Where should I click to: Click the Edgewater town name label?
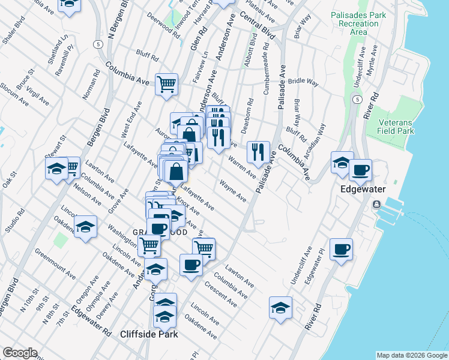coord(365,188)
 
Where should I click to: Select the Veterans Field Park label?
coord(396,126)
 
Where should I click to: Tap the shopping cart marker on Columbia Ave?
coord(166,84)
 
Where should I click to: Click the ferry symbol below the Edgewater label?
coord(376,205)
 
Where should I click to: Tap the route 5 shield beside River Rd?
coord(357,99)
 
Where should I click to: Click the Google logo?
coord(20,353)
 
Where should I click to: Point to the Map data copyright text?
coord(411,355)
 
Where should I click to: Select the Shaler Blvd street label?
coord(13,31)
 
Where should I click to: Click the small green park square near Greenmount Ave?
coord(60,241)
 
